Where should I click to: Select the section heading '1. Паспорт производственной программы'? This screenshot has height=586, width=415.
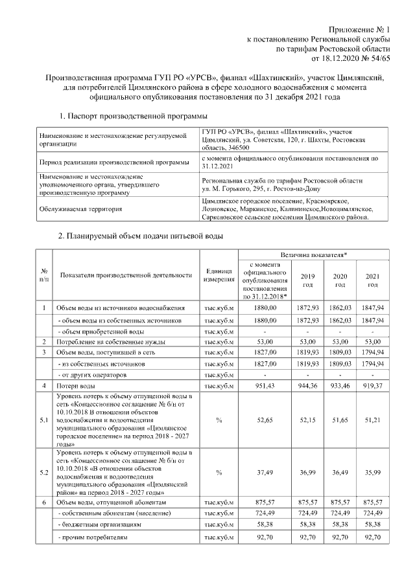pos(133,116)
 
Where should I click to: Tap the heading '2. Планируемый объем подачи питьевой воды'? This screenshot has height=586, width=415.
pos(141,236)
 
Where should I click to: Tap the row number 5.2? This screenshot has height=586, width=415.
pos(43,474)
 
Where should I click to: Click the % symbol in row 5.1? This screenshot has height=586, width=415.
pos(219,420)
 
